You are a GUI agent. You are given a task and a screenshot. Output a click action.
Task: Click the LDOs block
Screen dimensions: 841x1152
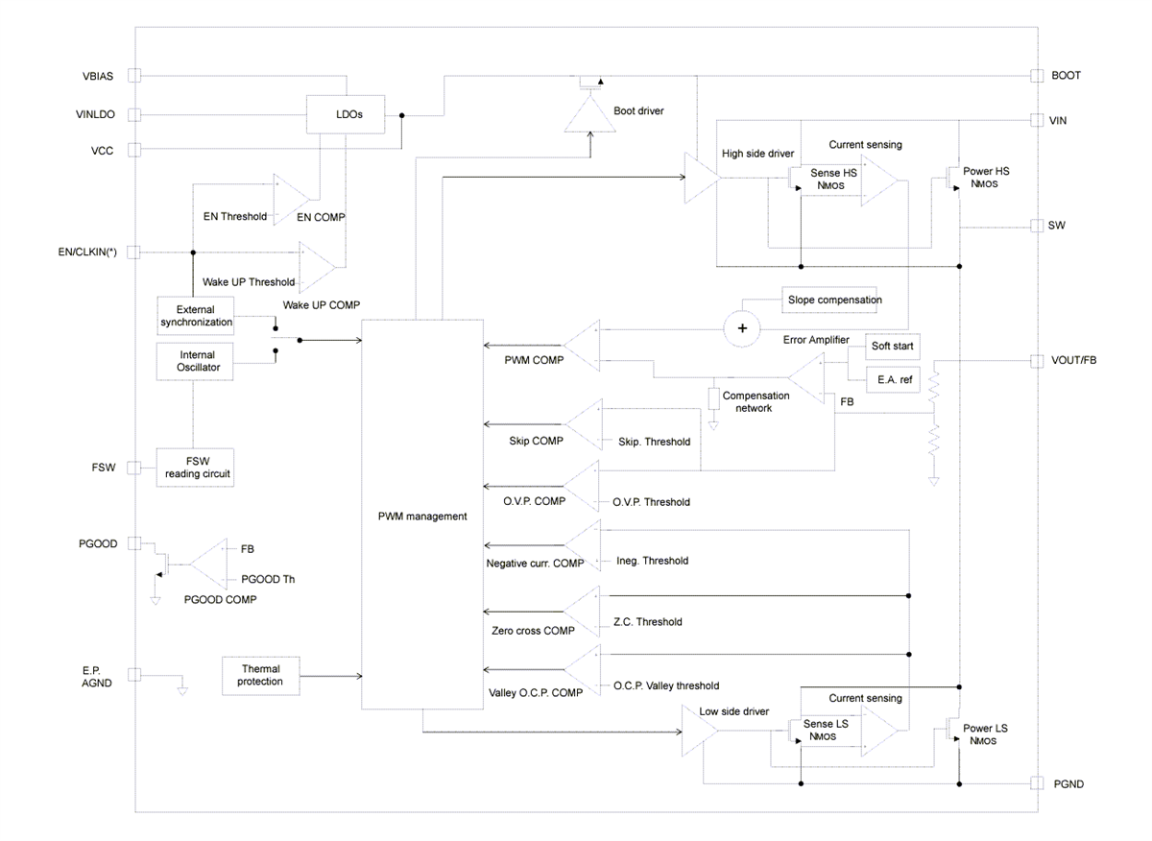point(346,114)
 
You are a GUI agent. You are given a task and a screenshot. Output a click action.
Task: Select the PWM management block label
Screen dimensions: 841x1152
point(422,517)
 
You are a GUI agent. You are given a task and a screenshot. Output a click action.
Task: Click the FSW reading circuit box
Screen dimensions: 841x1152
point(195,468)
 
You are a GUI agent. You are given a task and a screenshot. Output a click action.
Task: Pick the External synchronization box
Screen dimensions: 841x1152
point(195,316)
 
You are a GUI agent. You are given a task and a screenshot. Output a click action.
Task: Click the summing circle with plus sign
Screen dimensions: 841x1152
point(741,328)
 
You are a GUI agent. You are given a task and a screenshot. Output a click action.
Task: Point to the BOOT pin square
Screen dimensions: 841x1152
point(1037,75)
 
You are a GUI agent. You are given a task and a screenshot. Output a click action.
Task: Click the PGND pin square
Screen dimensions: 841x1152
point(1037,784)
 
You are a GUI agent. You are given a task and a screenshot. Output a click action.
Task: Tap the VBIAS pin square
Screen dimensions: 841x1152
point(134,75)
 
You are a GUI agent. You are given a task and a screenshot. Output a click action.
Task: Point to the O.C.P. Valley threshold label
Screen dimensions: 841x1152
point(666,685)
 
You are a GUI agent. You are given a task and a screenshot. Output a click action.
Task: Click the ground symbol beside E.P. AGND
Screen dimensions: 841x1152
point(182,687)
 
